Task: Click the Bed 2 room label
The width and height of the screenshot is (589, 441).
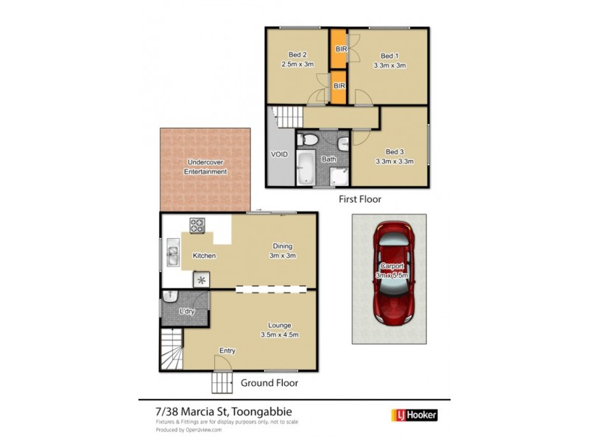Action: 297,55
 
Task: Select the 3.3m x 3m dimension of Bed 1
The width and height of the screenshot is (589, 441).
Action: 389,65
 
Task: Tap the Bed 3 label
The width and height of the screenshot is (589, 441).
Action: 395,151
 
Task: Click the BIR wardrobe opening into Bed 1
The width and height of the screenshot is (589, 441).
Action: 339,49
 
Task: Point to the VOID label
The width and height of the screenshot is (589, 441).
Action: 279,154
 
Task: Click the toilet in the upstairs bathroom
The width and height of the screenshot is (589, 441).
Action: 310,139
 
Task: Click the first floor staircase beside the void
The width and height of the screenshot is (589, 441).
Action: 286,115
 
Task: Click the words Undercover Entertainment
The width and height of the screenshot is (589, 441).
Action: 205,167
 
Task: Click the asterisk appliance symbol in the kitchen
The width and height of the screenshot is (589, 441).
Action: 201,279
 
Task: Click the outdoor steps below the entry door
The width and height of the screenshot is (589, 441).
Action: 223,383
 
